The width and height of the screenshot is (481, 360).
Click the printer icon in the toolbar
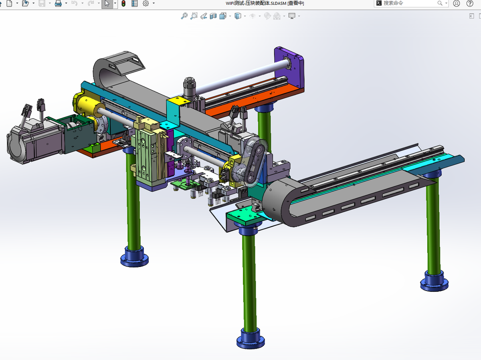(x=58, y=3)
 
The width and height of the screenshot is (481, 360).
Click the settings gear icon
(x=146, y=3)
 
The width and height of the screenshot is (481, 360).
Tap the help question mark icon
(x=470, y=3)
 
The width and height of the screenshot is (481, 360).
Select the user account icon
(x=457, y=3)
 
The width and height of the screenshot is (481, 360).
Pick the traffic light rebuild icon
(x=123, y=3)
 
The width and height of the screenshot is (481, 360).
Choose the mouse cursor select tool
(x=107, y=4)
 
